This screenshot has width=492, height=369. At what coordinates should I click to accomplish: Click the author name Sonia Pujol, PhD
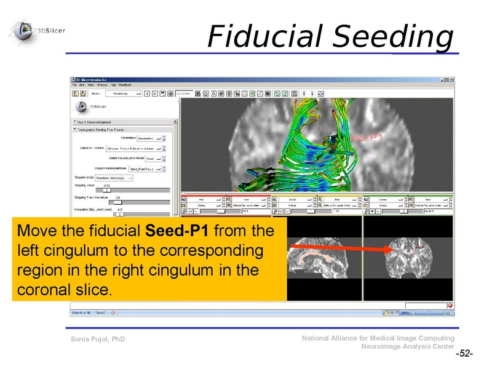(x=98, y=339)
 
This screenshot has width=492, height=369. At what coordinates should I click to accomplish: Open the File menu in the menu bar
(x=74, y=85)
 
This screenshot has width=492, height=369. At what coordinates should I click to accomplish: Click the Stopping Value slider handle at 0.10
(x=106, y=191)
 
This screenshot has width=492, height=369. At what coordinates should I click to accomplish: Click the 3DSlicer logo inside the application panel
(x=89, y=105)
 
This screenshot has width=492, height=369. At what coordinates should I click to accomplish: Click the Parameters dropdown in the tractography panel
(x=148, y=138)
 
